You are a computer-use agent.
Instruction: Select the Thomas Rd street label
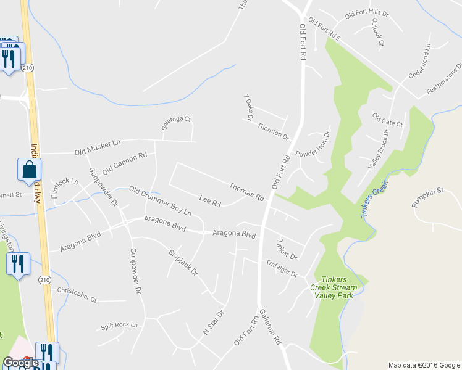[x=246, y=192]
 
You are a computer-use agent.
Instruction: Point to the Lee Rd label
[x=210, y=201]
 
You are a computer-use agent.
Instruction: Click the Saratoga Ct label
[x=177, y=123]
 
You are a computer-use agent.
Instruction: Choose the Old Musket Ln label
[x=97, y=147]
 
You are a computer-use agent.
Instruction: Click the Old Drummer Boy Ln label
[x=160, y=201]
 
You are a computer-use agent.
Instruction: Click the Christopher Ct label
[x=77, y=294]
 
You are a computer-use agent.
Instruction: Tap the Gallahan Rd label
[x=270, y=326]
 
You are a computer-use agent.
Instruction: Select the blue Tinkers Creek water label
[x=373, y=198]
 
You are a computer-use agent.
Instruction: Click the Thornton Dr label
[x=274, y=130]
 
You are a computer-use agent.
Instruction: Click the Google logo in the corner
[x=20, y=363]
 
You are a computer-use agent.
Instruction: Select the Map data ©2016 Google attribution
[x=424, y=365]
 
